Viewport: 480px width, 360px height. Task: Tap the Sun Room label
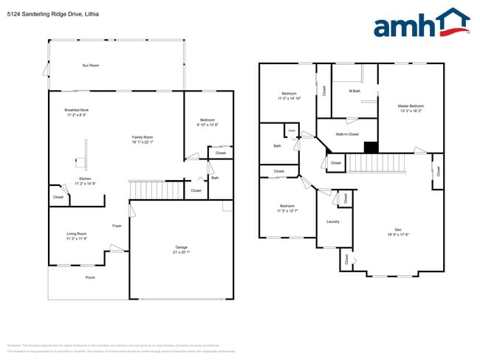click(90, 66)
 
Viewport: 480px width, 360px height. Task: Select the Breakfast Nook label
click(77, 110)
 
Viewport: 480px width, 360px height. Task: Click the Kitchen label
click(85, 179)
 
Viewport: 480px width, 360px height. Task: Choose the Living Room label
click(77, 234)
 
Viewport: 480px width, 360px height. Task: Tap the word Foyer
click(117, 226)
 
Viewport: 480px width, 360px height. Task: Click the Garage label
click(181, 246)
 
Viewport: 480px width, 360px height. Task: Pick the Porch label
click(90, 277)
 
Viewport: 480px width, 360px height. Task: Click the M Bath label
click(354, 91)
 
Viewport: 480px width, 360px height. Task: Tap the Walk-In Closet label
click(347, 134)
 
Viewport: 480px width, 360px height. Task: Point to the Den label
click(398, 229)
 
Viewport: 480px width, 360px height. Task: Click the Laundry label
click(332, 221)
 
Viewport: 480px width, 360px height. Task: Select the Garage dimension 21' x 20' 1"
click(181, 252)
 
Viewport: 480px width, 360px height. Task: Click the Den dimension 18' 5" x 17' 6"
click(398, 235)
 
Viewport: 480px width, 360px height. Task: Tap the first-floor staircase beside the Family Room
click(156, 190)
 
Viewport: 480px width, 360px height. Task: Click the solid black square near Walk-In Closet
click(371, 147)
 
